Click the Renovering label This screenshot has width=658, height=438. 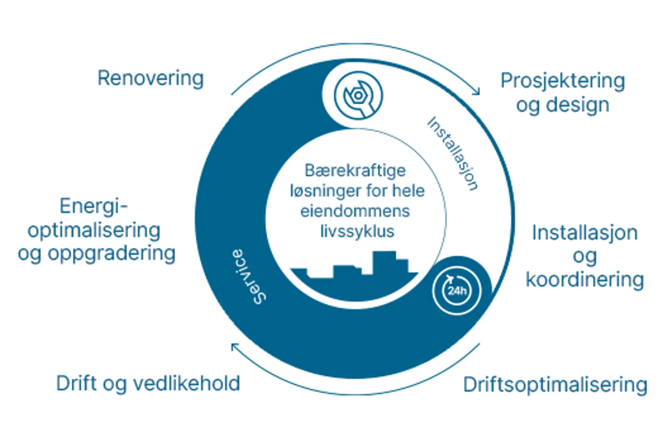[x=150, y=78]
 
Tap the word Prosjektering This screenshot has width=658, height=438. [x=562, y=80]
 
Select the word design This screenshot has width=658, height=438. [x=578, y=105]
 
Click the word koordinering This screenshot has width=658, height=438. [x=584, y=279]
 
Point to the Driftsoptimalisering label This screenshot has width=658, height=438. [x=555, y=385]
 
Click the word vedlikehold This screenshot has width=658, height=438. [x=187, y=383]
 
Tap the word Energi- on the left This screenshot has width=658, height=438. [x=94, y=206]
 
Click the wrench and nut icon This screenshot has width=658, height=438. [x=358, y=96]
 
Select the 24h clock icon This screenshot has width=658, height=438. [x=457, y=290]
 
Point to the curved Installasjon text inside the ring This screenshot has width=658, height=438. [x=452, y=154]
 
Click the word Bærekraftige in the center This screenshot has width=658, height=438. [x=355, y=171]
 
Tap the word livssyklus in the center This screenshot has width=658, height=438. [x=357, y=231]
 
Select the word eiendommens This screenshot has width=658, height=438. [x=355, y=211]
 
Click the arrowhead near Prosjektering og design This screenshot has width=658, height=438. [x=477, y=91]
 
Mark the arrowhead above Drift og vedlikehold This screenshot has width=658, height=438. [x=234, y=347]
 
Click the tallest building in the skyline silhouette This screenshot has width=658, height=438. [x=384, y=262]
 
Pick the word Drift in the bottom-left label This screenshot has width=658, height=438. [x=76, y=383]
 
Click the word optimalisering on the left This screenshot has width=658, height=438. [x=94, y=230]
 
